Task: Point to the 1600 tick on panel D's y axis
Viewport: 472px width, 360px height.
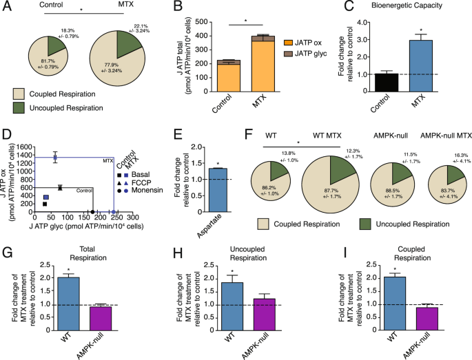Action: [x=25, y=147]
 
